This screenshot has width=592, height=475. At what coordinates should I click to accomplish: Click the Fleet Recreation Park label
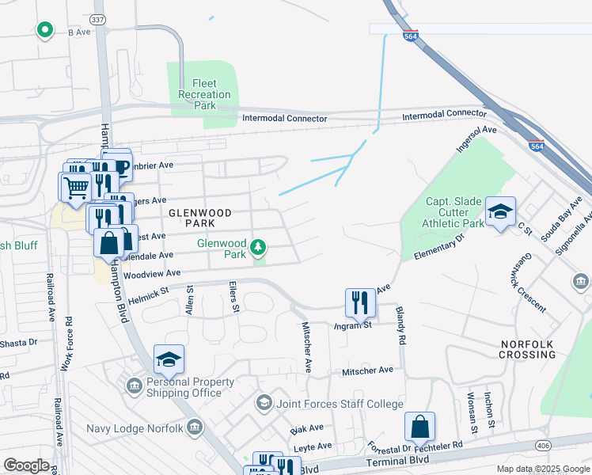coord(204,94)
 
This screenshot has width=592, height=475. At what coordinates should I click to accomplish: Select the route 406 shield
coord(544,446)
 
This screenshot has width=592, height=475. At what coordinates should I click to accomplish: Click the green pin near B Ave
coord(45,30)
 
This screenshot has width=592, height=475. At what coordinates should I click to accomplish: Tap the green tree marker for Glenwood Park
coord(257,249)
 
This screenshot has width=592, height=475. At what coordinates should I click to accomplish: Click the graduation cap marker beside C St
coord(500,211)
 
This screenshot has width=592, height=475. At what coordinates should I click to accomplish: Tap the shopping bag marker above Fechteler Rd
coord(419,427)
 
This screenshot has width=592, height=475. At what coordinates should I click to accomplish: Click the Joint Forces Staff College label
coord(340,404)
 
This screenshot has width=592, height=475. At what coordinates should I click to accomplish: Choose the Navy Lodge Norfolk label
coord(141,428)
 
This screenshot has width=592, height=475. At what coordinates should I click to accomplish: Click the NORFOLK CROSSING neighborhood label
coord(528,349)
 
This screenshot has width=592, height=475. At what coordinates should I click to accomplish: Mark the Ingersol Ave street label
coord(476,139)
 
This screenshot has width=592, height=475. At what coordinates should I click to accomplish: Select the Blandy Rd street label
coord(400,325)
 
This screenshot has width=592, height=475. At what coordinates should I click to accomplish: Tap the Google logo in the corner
coord(26,465)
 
